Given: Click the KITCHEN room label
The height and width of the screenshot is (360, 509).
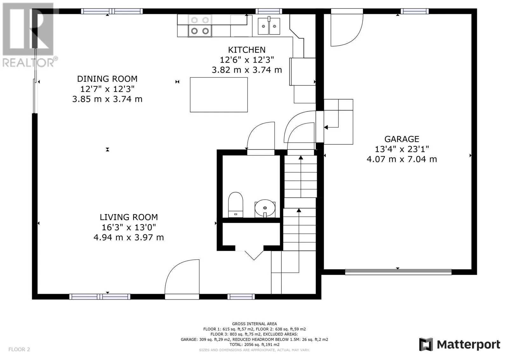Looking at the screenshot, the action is click(x=247, y=50).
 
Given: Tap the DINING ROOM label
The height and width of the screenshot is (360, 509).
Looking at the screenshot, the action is click(x=107, y=79).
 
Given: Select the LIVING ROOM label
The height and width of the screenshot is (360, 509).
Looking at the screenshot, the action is click(x=129, y=217).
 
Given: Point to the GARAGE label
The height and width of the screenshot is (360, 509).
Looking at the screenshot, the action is click(x=402, y=139).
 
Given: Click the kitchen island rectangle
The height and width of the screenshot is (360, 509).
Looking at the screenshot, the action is click(x=219, y=95).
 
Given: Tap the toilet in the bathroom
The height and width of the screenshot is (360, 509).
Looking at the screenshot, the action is click(x=235, y=205).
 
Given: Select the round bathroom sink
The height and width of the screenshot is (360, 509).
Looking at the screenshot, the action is click(x=265, y=208).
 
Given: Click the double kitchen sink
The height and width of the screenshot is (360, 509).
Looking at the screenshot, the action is click(x=269, y=26).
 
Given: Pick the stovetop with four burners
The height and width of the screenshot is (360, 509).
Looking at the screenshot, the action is click(x=200, y=26).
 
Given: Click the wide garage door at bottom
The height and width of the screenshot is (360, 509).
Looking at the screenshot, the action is click(x=398, y=272).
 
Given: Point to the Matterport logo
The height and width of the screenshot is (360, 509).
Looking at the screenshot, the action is click(x=459, y=344).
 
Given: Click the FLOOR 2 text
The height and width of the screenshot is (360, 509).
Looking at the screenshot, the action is click(x=19, y=349).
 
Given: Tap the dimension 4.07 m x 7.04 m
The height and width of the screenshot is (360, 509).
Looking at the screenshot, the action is click(x=402, y=159).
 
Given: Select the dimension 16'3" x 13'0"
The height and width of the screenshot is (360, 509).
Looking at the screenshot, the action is click(x=129, y=227).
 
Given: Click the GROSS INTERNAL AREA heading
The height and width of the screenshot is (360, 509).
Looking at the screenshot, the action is click(x=254, y=324).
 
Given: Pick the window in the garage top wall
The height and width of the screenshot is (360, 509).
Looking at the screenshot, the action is click(x=415, y=11).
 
